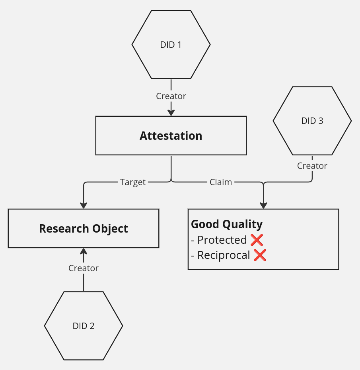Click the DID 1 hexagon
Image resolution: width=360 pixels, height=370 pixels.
coord(171,45)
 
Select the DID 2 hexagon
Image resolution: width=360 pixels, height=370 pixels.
coord(84,326)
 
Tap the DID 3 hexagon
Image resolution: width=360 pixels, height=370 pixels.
coord(312,121)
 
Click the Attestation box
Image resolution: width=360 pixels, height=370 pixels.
coord(171,136)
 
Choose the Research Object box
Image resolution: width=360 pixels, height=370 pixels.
coord(84,229)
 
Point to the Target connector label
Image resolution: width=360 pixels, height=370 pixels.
coord(133,182)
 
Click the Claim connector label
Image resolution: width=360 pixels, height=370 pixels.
coord(221,182)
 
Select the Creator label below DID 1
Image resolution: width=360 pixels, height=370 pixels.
coord(171,96)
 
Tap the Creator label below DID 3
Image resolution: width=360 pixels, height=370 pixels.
coord(312,166)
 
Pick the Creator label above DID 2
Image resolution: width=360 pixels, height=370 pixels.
coord(84,268)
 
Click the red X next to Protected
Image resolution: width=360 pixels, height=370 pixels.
coord(257,240)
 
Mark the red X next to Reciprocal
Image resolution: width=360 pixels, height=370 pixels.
coord(260,255)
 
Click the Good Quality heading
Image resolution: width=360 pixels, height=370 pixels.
coord(227,224)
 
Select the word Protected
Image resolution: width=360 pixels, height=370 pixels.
coord(222,240)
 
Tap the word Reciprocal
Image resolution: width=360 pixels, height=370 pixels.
coord(224,255)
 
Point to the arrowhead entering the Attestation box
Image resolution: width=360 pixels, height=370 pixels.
coord(171,113)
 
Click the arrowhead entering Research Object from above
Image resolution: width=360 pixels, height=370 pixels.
coord(84,205)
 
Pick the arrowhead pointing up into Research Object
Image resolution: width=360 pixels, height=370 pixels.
coord(84,251)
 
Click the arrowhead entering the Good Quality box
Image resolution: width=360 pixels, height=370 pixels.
coord(263,205)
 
